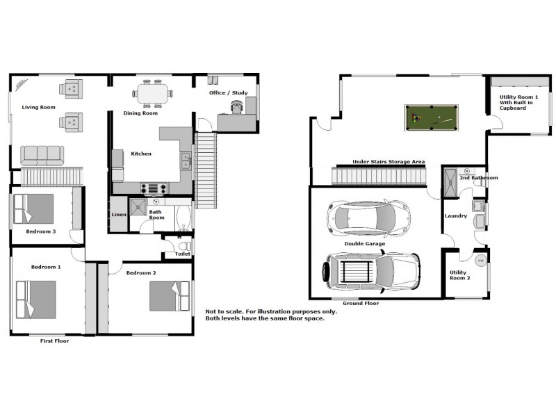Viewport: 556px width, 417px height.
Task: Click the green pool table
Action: click(431, 117)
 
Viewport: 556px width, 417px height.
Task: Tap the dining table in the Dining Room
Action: click(152, 94)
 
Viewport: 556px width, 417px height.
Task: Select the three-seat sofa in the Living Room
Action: click(42, 156)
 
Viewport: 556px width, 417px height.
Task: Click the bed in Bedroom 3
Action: click(33, 209)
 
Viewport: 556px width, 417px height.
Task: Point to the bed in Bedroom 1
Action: click(36, 300)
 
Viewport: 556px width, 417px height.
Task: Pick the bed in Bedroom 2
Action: click(170, 296)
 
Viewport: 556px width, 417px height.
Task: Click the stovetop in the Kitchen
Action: click(153, 188)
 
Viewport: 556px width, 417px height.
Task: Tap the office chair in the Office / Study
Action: click(237, 107)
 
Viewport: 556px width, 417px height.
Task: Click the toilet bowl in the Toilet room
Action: click(184, 246)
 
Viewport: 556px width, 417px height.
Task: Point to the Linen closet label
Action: click(119, 215)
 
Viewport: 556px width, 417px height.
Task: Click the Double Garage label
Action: click(365, 244)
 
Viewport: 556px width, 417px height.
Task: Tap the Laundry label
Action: click(456, 215)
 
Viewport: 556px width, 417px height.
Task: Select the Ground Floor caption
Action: click(361, 303)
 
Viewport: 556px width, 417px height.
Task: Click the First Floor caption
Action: click(54, 341)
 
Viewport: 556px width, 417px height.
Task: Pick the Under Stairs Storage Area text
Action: click(389, 162)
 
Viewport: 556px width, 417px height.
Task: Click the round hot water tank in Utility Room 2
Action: click(481, 261)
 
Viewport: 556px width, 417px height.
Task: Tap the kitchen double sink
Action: click(186, 161)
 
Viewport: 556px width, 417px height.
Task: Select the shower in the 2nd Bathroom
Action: click(451, 182)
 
